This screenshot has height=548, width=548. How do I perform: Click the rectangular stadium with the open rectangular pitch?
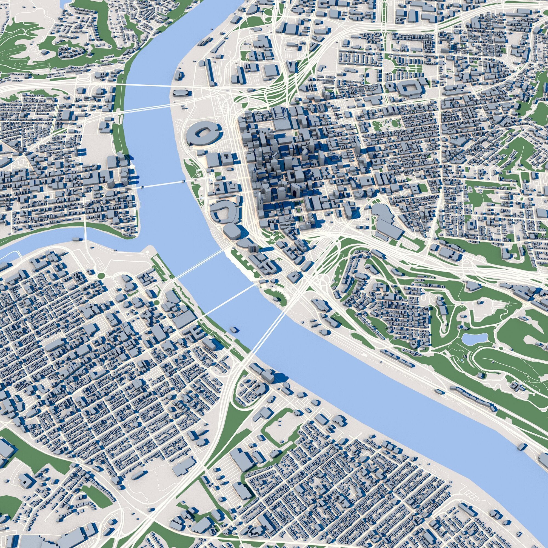[410, 89]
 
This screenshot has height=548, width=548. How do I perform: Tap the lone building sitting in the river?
[234, 329]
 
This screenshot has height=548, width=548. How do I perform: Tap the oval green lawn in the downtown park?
[395, 123]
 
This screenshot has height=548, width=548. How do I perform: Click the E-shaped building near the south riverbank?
[195, 330]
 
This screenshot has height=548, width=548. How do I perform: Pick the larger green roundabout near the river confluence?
[100, 275]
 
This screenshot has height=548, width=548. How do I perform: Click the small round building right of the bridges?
[324, 332]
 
